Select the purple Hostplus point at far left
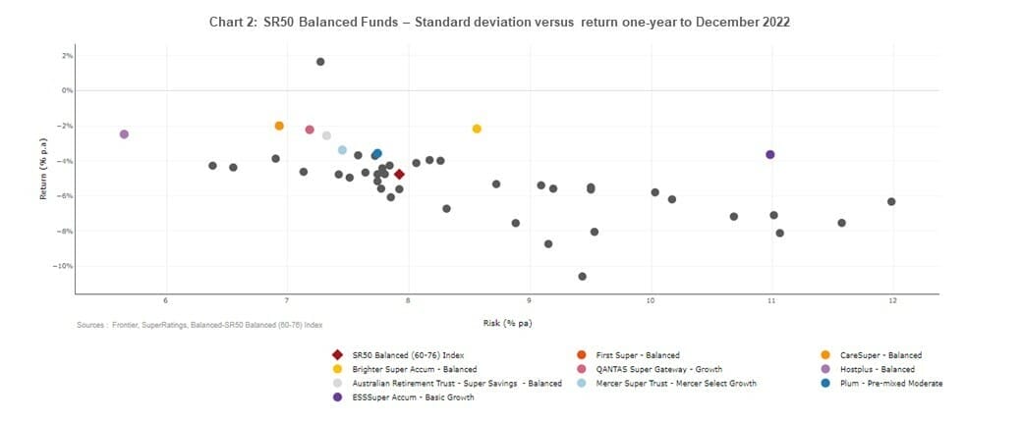click(124, 134)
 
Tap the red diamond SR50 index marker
click(399, 174)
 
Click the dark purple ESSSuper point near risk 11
click(769, 155)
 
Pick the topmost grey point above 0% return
click(320, 62)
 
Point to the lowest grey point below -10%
click(583, 277)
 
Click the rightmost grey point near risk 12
click(891, 202)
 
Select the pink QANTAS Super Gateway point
click(310, 130)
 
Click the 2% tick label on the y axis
click(68, 56)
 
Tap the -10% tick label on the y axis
click(66, 266)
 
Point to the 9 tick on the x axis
click(529, 300)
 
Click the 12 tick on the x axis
click(892, 300)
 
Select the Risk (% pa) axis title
click(507, 323)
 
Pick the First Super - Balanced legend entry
click(638, 354)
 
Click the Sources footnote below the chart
click(199, 324)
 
